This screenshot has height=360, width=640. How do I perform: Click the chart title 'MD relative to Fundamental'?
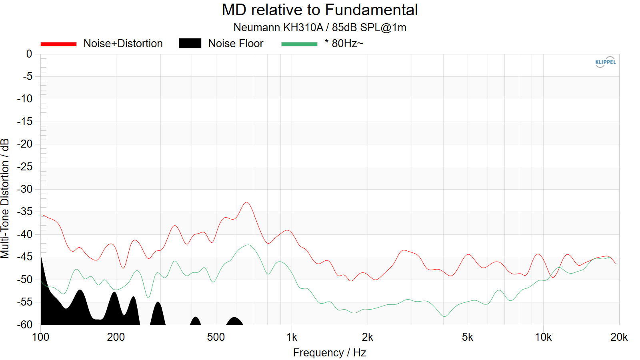pos(320,10)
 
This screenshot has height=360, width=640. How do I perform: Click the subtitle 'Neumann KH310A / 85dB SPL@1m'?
pos(320,28)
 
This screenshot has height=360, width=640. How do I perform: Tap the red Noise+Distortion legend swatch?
pos(58,44)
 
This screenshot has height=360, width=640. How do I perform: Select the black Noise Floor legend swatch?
pos(190,43)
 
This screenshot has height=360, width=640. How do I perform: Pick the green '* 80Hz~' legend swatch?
pos(299,44)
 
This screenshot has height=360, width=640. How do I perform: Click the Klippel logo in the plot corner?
pos(605,62)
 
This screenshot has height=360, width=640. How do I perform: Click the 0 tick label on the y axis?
pos(29,54)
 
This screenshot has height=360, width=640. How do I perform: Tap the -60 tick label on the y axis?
pos(25,324)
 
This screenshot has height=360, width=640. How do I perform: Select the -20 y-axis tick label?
pos(25,144)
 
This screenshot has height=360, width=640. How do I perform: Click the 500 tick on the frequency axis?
pos(216,337)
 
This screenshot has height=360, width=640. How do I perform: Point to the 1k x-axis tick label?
pos(292,337)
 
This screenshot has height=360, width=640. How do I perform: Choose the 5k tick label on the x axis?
pos(467,337)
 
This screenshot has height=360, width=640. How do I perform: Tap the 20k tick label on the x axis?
pos(619,337)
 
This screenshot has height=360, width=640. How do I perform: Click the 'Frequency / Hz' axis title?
pos(329,352)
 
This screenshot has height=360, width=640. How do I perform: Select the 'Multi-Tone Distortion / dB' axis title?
pos(5,198)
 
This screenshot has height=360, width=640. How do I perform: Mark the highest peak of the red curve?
pos(247,202)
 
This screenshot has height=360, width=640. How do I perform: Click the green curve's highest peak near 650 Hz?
pos(248,245)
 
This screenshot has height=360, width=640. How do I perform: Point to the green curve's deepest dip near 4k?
pos(444,316)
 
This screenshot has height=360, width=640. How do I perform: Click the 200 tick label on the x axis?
pos(116,337)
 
